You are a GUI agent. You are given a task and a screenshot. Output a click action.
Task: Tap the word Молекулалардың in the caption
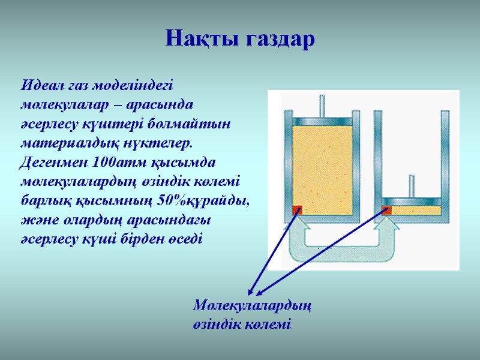point(252,305)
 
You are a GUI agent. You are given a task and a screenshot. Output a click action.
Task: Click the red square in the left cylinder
point(297,209)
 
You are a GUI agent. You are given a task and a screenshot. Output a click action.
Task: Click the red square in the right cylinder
point(386,210)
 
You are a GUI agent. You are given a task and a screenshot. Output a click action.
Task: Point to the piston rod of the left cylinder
point(323,105)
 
